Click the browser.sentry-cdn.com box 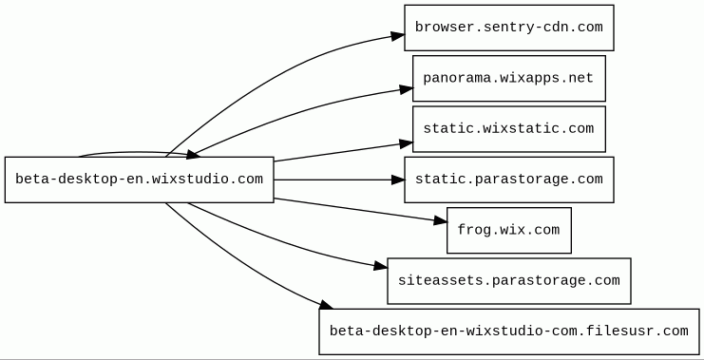pos(508,28)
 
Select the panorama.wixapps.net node pos(508,79)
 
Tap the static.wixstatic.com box pos(508,129)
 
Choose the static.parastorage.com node pos(508,180)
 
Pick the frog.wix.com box pos(508,230)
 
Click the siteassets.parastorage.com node pos(508,281)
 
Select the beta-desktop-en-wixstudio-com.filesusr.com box pos(509,332)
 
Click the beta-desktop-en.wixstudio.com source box pos(139,180)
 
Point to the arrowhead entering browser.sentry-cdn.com pos(398,36)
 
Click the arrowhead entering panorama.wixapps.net pos(407,89)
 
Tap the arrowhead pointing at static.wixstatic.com pos(407,143)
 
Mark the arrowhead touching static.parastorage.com pos(398,180)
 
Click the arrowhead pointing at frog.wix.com pos(441,220)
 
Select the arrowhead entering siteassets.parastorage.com pos(380,266)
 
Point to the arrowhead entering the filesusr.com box pos(327,305)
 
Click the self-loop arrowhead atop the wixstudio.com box pos(193,155)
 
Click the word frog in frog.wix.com pos(474,230)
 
